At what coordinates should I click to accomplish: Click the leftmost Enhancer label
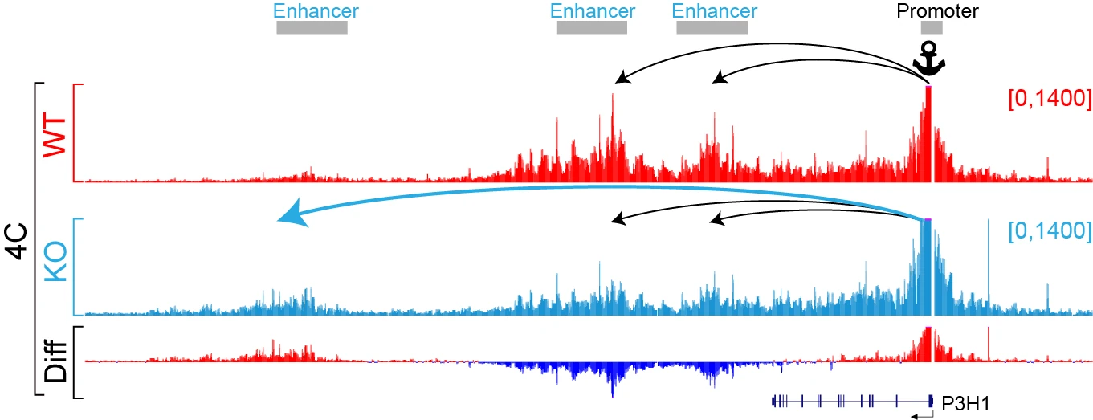[316, 11]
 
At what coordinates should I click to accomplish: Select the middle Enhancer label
[593, 11]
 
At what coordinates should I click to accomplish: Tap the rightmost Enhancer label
[715, 11]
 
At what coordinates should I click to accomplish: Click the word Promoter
[937, 11]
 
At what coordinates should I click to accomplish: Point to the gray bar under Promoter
[932, 28]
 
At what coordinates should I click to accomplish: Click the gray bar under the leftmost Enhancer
[312, 28]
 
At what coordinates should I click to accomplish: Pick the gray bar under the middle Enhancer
[591, 28]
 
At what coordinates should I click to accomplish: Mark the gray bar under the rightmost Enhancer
[712, 28]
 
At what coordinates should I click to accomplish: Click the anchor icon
[929, 59]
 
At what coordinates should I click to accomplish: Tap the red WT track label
[55, 135]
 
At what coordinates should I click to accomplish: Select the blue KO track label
[55, 263]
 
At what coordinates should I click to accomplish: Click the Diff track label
[55, 361]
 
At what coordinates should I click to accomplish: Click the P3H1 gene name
[965, 403]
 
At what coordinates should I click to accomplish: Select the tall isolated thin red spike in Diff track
[989, 344]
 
